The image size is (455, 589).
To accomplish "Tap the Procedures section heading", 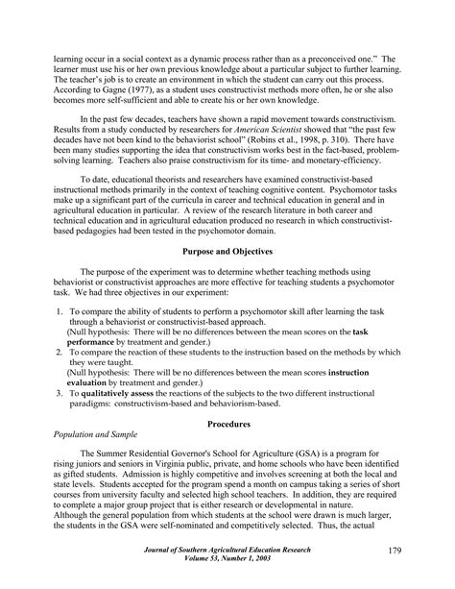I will [227, 423].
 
